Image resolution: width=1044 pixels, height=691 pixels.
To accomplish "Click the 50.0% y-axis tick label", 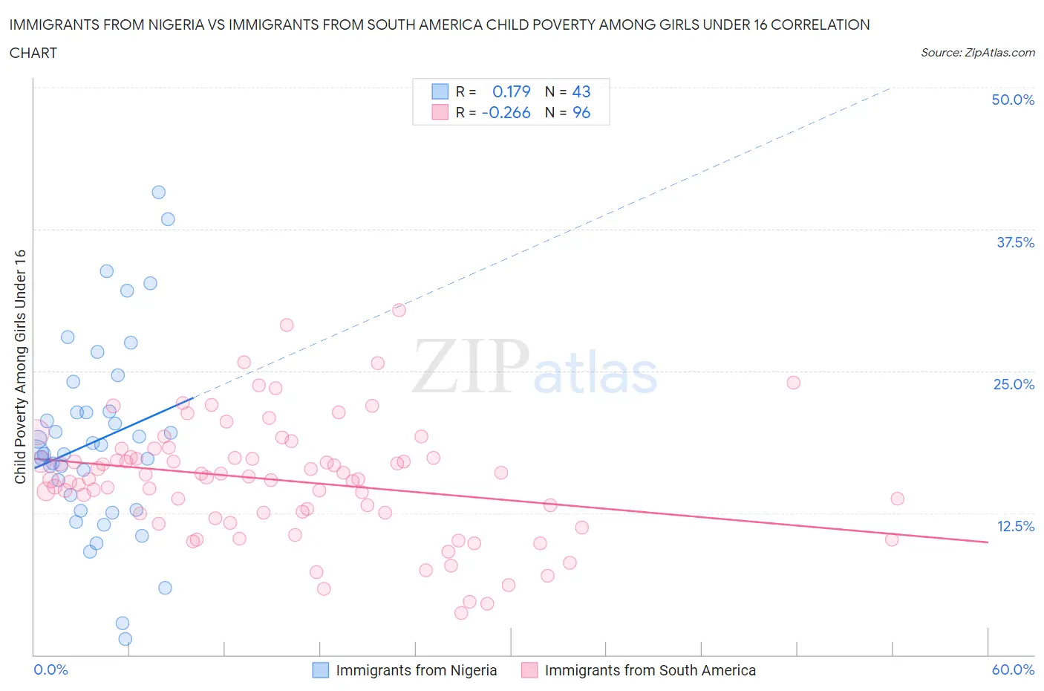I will pos(1012,100).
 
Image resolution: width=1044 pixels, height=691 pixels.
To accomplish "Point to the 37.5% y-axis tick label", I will pos(1014,242).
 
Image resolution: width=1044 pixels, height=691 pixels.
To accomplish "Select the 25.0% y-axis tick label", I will pos(1014,384).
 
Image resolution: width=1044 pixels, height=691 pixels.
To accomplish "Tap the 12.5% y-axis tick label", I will pos(1015,526).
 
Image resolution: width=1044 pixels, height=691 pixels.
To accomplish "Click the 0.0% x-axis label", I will pos(50,669).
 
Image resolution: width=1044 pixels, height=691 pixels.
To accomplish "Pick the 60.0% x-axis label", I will pos(1012,669).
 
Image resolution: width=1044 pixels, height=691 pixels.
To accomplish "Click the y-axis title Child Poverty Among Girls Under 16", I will pos(20,366).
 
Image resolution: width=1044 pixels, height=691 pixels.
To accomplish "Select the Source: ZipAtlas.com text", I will pos(977,52).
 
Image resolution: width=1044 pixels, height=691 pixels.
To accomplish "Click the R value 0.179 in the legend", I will pos(511,91).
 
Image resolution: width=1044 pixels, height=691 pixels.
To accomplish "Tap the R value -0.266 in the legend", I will pos(506,112).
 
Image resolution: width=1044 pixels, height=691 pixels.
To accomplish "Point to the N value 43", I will pos(581,91).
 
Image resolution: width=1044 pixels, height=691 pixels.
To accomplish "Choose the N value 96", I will pos(581,112).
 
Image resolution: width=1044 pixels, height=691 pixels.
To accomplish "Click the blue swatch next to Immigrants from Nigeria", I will pos(320,670).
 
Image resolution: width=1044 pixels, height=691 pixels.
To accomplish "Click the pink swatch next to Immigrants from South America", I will pos(529,670).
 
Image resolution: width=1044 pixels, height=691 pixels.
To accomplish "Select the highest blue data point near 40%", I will pos(158,192).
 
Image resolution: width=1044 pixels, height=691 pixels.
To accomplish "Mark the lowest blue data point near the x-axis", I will pos(125,639).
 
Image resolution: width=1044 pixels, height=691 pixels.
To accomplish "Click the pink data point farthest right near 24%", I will pos(793,383).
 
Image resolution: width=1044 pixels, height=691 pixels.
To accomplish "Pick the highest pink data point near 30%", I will pos(399,310).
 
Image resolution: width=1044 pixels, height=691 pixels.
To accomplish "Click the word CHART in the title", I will pos(33,53).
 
